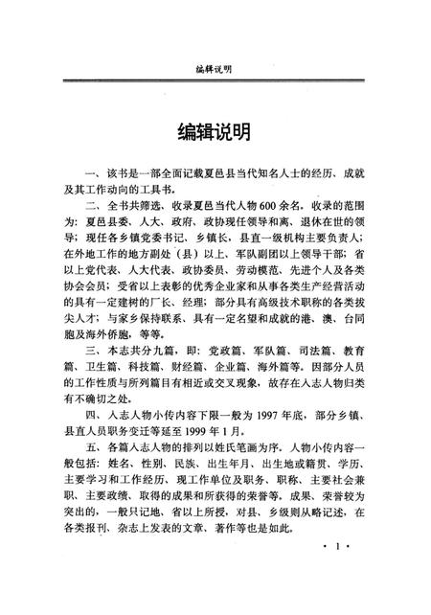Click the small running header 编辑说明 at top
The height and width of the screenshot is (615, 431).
coord(215,68)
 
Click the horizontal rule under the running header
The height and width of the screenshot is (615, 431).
coord(215,81)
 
